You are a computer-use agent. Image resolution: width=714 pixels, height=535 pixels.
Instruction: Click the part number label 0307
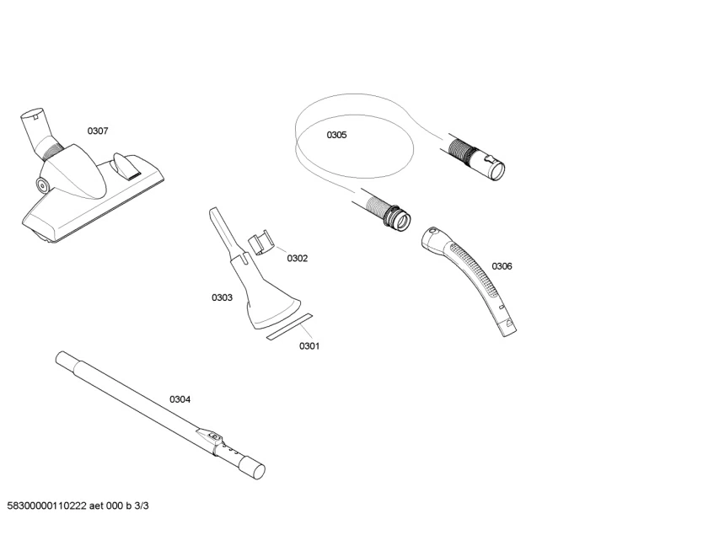[98, 131]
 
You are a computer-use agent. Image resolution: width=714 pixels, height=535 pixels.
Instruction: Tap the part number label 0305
[336, 135]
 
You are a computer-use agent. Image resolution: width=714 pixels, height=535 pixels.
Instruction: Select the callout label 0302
[297, 259]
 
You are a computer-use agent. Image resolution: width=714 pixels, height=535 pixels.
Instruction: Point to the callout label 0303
[222, 297]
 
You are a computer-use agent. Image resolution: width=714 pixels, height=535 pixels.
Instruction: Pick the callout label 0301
[309, 345]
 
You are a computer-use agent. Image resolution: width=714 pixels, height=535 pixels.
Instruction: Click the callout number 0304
[180, 399]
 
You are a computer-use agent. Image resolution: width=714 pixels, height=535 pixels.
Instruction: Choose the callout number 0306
[502, 266]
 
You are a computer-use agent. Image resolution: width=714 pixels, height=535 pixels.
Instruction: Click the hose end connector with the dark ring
[396, 217]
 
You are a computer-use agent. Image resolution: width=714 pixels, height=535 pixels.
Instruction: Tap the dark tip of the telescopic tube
[253, 469]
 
